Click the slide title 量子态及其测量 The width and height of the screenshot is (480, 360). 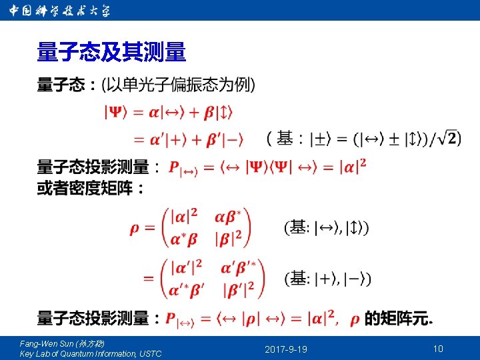tap(111, 51)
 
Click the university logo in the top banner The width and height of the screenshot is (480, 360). tap(59, 11)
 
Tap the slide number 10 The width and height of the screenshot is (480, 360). tap(438, 349)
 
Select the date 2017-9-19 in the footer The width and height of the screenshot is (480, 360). tap(286, 349)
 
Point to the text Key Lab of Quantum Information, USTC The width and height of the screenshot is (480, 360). tap(91, 353)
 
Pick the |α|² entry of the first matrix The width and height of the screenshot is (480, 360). tap(184, 217)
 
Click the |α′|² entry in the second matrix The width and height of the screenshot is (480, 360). tap(187, 268)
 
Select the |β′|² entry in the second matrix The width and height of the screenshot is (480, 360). tap(240, 289)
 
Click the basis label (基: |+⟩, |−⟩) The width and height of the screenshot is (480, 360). tap(328, 278)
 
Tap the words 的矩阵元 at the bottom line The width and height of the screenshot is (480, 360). tap(397, 319)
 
